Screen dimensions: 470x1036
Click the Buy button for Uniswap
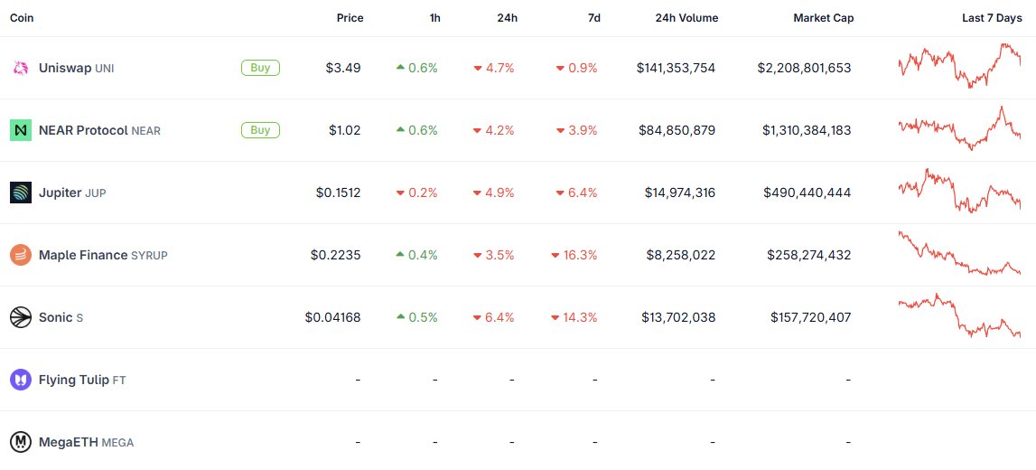[260, 67]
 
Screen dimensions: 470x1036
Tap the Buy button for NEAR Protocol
[260, 130]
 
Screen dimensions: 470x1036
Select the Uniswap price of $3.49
[343, 68]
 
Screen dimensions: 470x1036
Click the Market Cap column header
[823, 18]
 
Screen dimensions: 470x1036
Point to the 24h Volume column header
[686, 18]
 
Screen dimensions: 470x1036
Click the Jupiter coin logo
[21, 193]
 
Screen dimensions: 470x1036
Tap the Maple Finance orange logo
[21, 255]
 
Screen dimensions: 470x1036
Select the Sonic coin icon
[21, 317]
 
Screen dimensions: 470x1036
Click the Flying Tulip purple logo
[21, 380]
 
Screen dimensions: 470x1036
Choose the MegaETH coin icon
[21, 442]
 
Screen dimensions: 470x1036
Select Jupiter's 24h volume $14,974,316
[680, 193]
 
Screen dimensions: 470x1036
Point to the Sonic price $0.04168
[332, 317]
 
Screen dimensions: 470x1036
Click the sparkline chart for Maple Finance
[959, 255]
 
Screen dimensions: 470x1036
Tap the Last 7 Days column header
[992, 18]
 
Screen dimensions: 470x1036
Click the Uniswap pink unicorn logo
[21, 68]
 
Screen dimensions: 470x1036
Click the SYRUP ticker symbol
[149, 256]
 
